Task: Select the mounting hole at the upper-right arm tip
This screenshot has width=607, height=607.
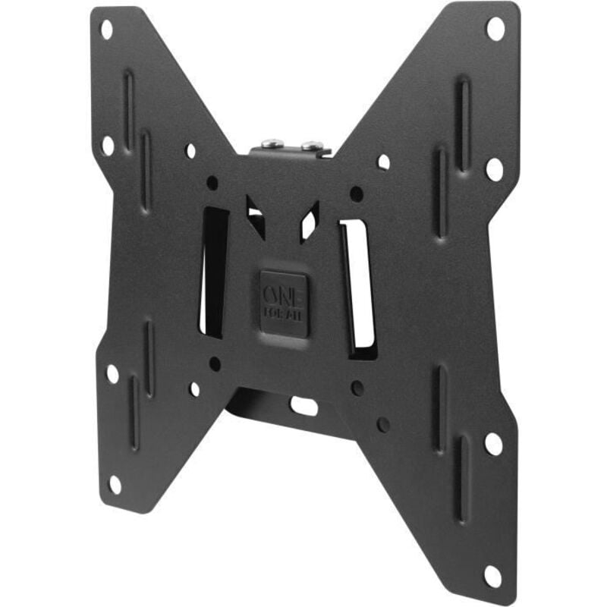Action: click(495, 29)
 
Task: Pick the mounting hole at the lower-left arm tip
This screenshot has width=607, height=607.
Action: click(115, 483)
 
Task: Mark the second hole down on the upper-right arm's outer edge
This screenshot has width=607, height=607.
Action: click(494, 168)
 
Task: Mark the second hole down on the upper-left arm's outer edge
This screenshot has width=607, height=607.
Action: click(108, 145)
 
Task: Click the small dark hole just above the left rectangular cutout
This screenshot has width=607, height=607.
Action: click(212, 183)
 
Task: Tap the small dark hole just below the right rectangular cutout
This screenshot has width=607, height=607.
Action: click(357, 388)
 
